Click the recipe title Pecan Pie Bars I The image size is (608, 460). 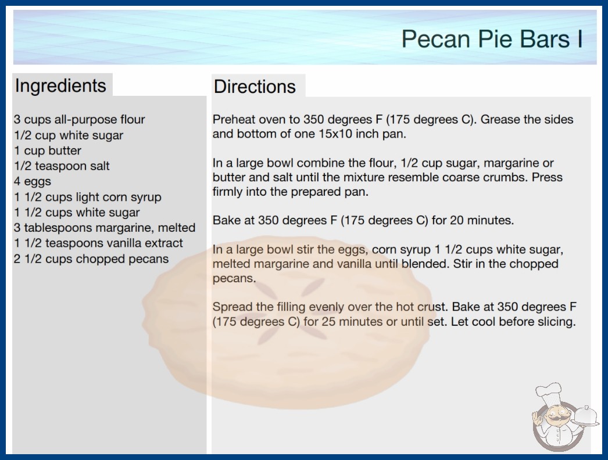492,39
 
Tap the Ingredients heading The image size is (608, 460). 60,86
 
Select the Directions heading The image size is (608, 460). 255,87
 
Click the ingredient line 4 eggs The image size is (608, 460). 33,182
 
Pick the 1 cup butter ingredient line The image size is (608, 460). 48,150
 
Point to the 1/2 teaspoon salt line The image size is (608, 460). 62,166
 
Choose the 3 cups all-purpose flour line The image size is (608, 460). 80,120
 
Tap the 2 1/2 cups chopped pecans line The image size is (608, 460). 91,259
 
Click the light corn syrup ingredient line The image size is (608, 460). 88,197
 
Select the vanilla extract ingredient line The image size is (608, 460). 98,243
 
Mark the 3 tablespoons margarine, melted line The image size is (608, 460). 105,228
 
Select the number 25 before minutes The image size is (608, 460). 328,322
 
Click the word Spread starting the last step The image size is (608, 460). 231,307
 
